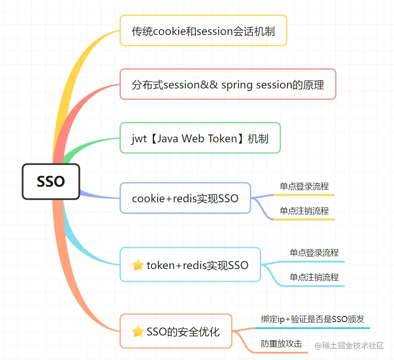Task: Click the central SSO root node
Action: click(51, 182)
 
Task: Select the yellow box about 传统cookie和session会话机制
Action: click(203, 31)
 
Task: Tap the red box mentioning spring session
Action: click(227, 85)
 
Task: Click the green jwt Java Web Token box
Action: click(200, 138)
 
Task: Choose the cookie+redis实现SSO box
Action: click(185, 198)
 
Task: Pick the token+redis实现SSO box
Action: click(190, 265)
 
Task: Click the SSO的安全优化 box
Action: click(176, 331)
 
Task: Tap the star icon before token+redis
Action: click(138, 265)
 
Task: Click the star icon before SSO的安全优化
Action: click(138, 332)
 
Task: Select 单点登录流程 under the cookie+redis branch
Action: click(304, 186)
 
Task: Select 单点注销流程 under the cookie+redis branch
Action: click(304, 211)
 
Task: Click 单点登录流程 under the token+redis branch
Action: click(314, 253)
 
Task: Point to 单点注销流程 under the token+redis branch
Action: click(314, 277)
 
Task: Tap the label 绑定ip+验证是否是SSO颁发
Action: click(312, 319)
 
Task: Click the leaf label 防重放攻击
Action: click(281, 344)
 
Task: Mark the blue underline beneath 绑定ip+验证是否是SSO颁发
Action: click(312, 328)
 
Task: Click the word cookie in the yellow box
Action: click(170, 31)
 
